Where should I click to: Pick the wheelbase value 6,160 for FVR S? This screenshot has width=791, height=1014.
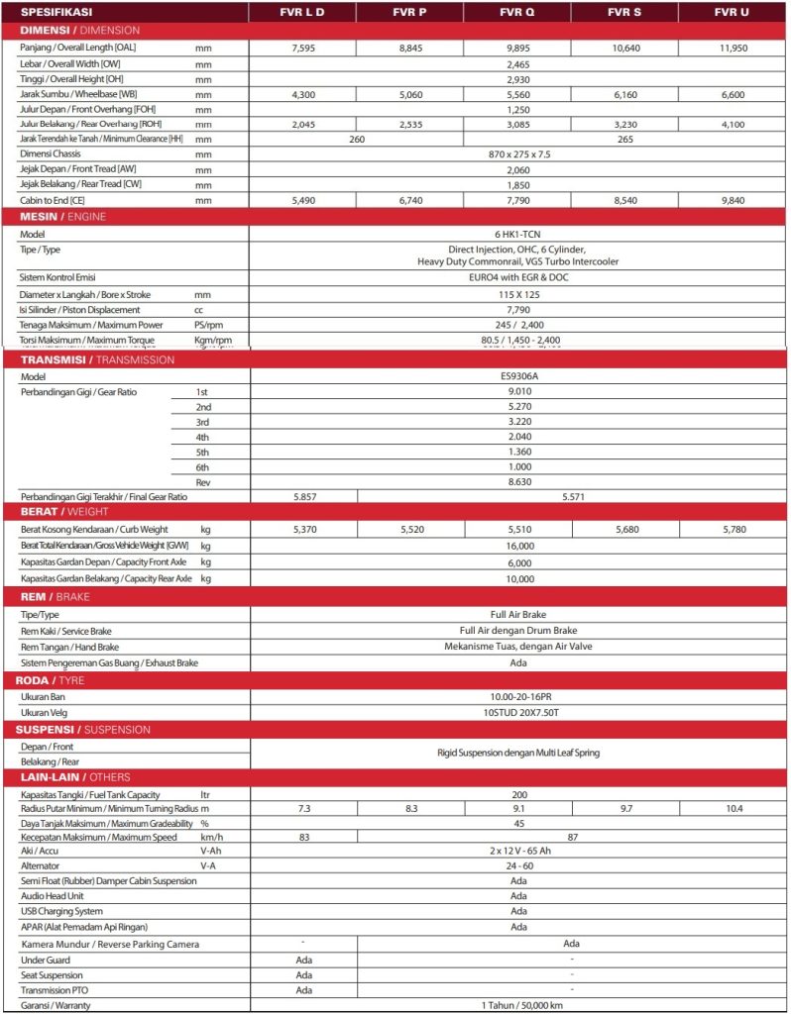pyautogui.click(x=625, y=93)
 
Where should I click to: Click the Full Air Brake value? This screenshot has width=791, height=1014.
pyautogui.click(x=518, y=615)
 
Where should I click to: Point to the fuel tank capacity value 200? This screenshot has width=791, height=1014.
pyautogui.click(x=518, y=794)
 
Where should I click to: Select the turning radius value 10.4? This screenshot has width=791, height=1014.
pyautogui.click(x=734, y=809)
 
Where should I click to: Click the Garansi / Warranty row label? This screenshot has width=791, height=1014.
pyautogui.click(x=64, y=1006)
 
